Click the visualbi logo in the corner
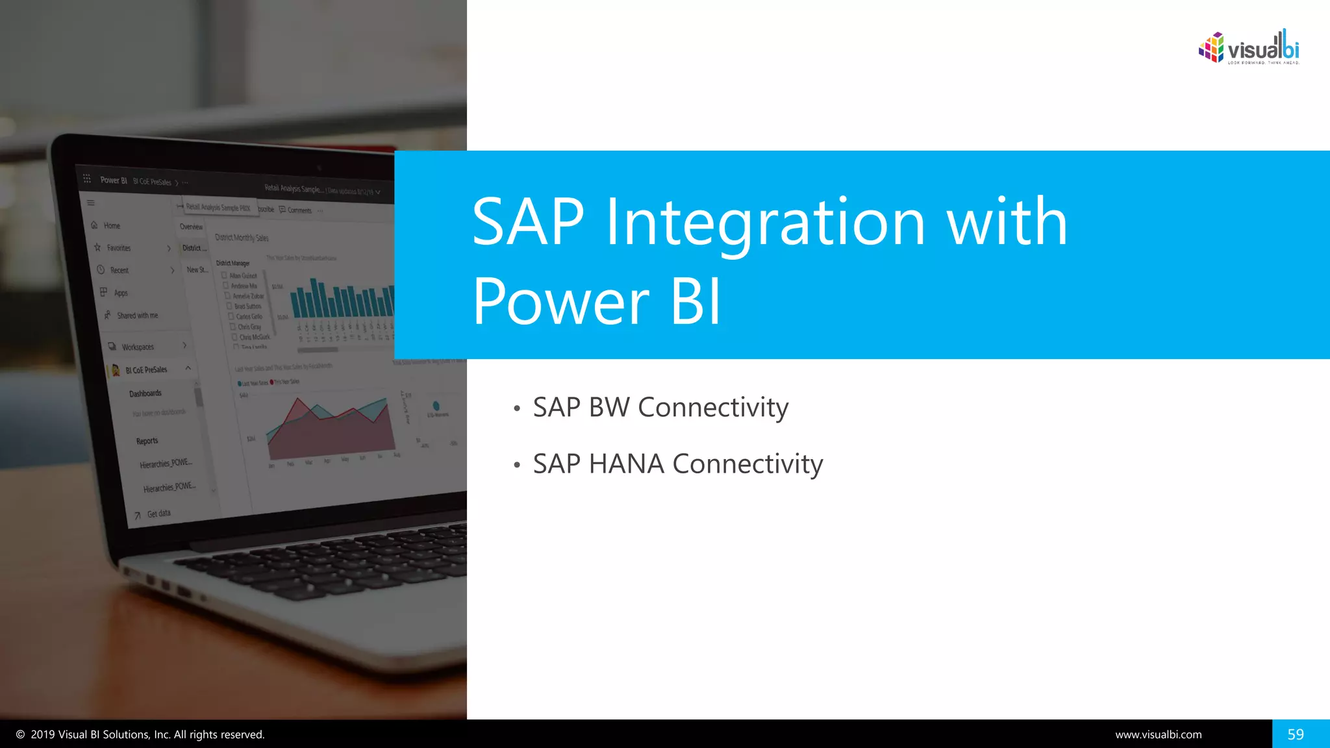[x=1248, y=48]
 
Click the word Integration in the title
[x=765, y=223]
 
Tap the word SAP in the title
[x=528, y=223]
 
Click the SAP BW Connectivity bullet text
[x=660, y=408]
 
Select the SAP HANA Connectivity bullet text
[x=677, y=464]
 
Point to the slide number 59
[x=1295, y=734]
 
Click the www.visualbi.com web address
[x=1158, y=734]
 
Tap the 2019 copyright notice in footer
[x=140, y=734]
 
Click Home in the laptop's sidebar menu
[x=112, y=226]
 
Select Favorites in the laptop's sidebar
[x=118, y=248]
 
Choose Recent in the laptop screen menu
[x=119, y=270]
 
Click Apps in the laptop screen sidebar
[x=121, y=293]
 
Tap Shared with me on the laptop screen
[x=137, y=316]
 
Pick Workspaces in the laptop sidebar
[x=138, y=347]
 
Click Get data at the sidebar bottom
[x=158, y=514]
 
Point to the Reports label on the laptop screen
[x=147, y=441]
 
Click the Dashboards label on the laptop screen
[x=145, y=393]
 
